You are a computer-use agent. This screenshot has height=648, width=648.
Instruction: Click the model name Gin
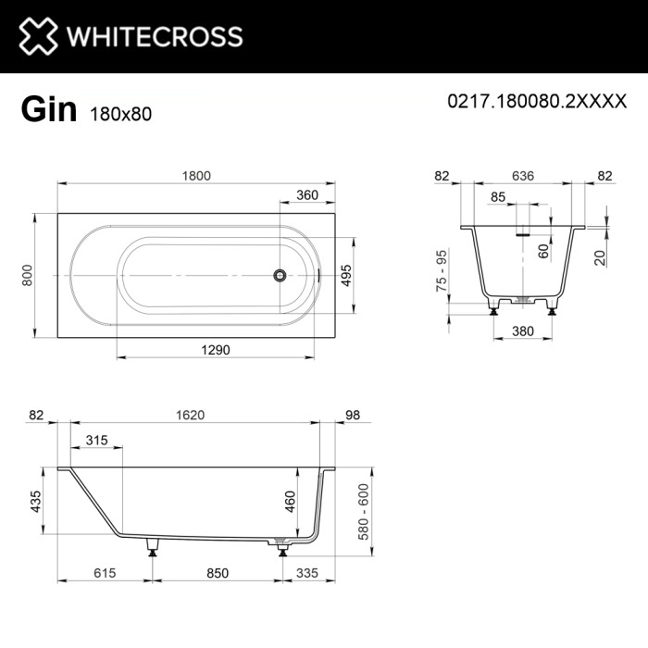[x=48, y=110]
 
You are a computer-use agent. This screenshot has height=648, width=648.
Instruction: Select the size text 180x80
[x=120, y=114]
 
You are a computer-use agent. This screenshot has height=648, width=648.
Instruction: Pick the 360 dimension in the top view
[x=307, y=196]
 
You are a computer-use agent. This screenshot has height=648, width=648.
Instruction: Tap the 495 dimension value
[x=346, y=275]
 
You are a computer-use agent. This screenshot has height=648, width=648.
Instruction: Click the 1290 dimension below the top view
[x=214, y=349]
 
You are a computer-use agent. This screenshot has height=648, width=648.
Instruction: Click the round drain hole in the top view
[x=278, y=275]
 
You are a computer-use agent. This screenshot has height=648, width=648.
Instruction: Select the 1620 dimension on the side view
[x=189, y=416]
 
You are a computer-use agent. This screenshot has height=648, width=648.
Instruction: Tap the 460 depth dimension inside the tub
[x=290, y=500]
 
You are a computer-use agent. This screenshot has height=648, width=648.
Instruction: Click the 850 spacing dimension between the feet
[x=217, y=574]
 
